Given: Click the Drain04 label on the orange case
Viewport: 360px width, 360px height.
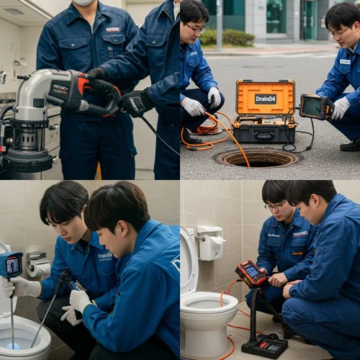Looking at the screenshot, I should pos(265,99).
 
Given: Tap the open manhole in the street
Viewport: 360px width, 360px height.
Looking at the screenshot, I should pos(257,158).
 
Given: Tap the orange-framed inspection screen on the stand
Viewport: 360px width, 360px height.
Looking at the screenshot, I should pos(250,274).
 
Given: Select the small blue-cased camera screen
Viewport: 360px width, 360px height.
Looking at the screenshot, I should pos(12,265).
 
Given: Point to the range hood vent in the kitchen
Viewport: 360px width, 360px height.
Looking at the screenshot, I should pos(14,12).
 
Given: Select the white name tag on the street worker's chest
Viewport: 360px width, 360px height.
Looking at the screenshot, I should pos(344,62).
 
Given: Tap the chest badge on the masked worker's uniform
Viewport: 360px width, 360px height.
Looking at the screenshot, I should pos(113,30).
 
